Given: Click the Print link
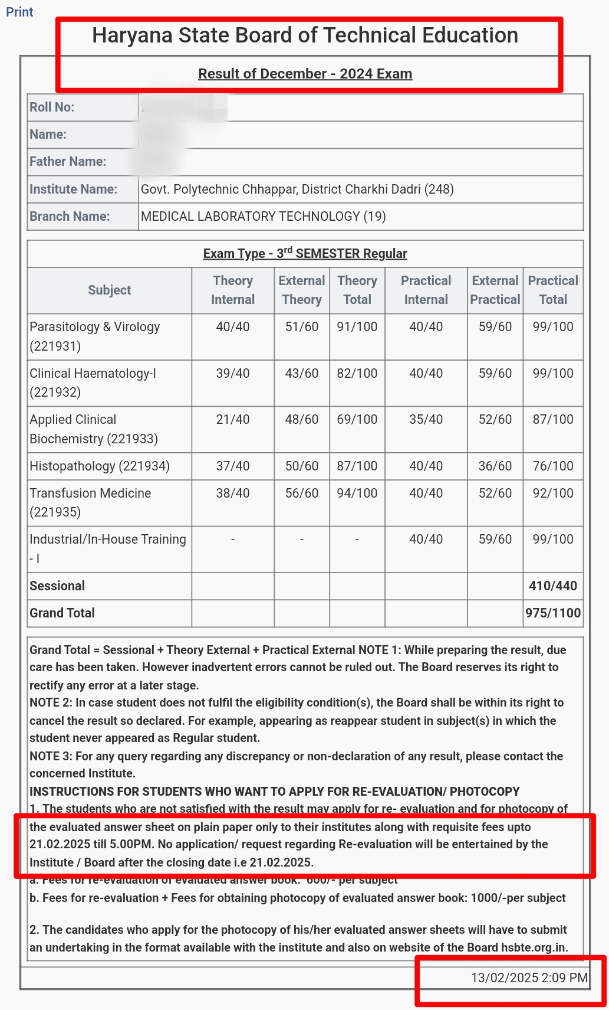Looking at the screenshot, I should point(19,12).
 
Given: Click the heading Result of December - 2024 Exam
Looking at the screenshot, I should point(305,74).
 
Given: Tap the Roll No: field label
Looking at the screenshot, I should point(52,107).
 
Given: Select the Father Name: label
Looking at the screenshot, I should point(68,161).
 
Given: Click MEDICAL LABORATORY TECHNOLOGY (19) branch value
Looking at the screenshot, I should point(263,216).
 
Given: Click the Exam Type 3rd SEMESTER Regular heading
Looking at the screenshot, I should point(305,253).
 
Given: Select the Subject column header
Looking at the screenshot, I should point(110,290).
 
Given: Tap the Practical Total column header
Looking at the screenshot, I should point(553,290).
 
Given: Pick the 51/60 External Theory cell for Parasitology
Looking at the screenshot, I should point(302,326).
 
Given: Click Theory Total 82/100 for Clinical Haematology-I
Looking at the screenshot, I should point(357,373).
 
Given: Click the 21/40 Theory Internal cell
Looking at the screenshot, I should point(233,419).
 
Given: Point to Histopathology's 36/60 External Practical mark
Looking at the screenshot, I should point(495,466).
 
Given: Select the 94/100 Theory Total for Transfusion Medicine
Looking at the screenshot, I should point(357,493).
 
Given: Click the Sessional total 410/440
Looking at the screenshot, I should point(553,586).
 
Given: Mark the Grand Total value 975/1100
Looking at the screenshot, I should point(553,613).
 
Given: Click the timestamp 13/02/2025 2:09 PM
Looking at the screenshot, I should point(529,978).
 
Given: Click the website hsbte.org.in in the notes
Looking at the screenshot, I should point(534,947).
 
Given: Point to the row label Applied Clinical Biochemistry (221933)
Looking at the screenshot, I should point(94,429).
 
